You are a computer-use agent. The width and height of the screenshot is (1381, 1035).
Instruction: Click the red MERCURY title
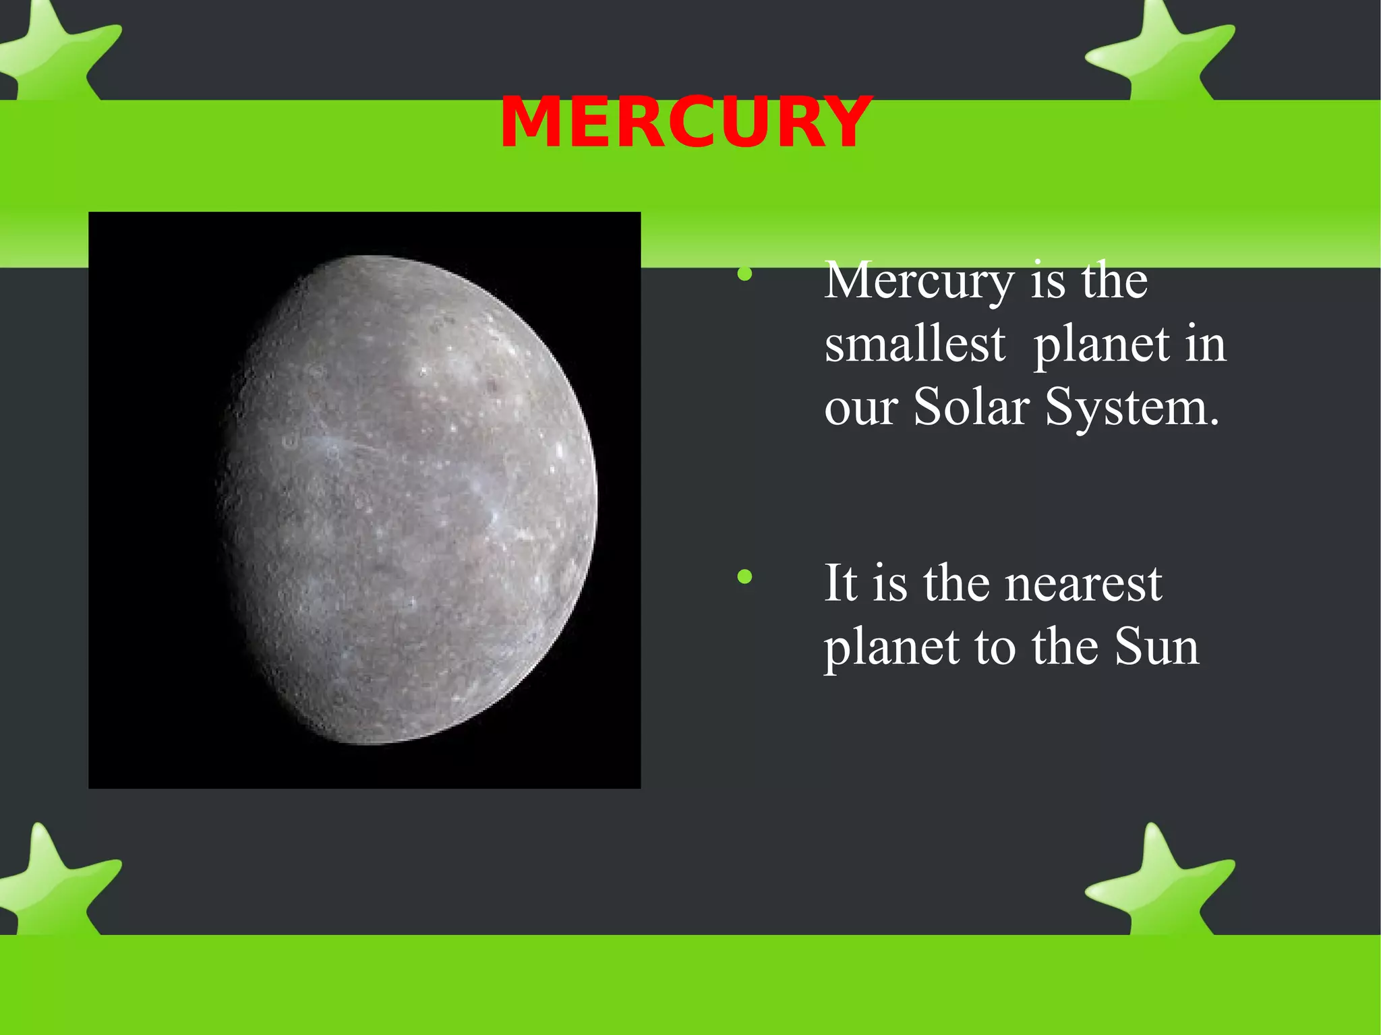(x=685, y=123)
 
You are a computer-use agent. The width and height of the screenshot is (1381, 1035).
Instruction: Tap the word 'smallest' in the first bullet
(x=915, y=344)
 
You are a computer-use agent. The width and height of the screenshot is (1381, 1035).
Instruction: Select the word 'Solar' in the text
(x=971, y=407)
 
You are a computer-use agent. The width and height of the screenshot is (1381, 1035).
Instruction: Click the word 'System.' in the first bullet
(x=1132, y=407)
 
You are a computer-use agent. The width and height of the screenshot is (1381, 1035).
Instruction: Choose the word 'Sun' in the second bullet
(x=1156, y=647)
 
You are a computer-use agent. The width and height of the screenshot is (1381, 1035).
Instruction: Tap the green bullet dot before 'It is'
(x=744, y=576)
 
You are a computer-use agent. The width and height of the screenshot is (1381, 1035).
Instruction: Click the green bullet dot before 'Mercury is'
(x=744, y=274)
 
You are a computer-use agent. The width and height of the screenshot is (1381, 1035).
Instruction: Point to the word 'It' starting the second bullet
(x=841, y=583)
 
